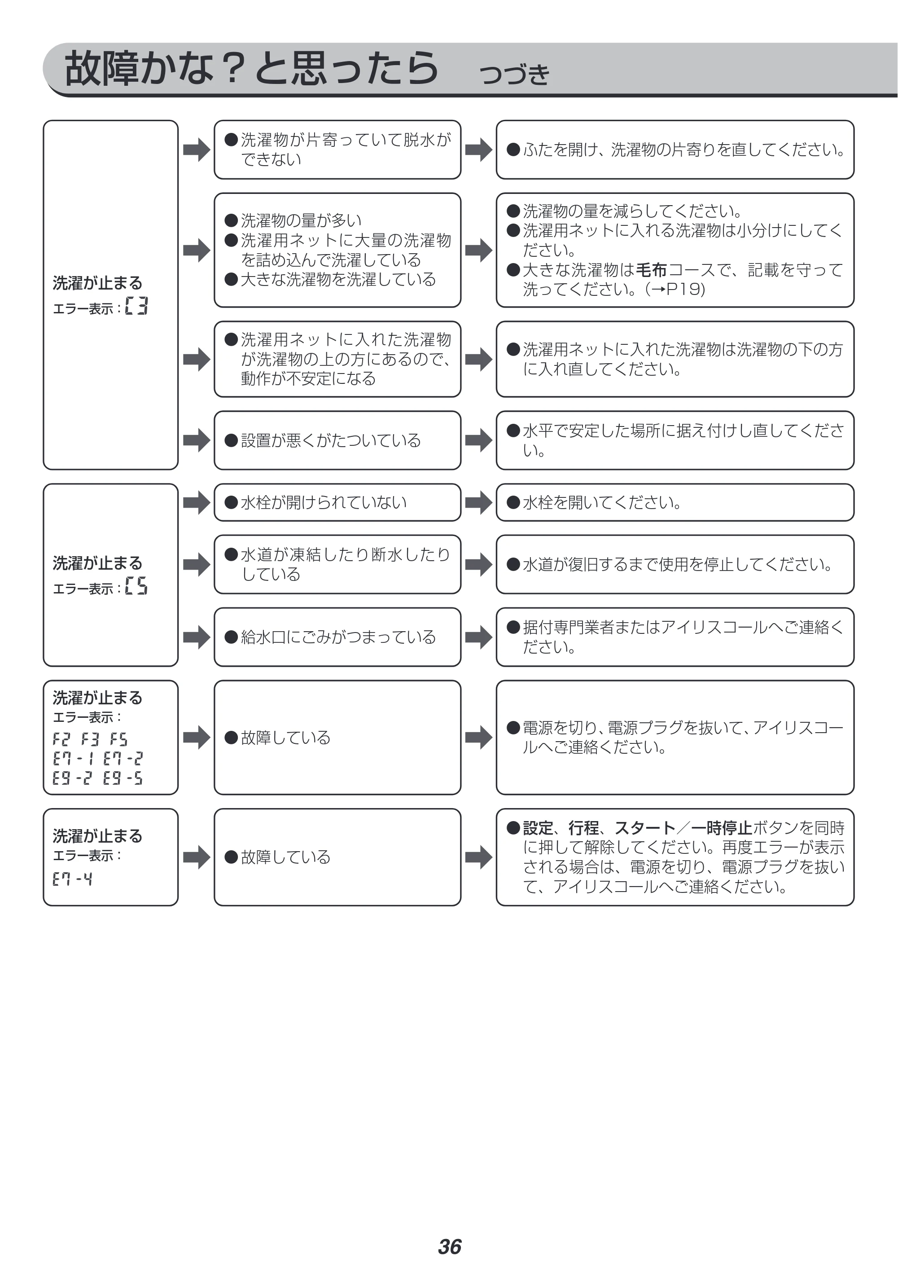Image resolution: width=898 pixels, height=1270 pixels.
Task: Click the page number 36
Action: (450, 1231)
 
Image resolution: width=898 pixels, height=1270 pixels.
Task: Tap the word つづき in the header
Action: (514, 74)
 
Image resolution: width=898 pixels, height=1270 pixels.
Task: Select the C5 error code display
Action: (136, 586)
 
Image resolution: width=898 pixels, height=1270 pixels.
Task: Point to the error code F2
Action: (61, 739)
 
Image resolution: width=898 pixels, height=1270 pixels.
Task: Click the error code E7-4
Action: (72, 879)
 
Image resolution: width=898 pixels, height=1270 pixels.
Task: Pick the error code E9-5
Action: (123, 778)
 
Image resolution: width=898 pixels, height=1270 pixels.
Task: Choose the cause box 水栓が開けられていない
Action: (337, 502)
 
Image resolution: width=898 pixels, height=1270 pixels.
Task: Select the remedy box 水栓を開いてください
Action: (675, 502)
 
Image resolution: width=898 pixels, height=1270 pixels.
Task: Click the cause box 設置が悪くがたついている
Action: (337, 440)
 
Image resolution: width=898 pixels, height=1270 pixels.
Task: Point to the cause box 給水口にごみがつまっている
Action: (337, 637)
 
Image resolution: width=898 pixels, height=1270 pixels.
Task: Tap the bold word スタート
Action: (645, 828)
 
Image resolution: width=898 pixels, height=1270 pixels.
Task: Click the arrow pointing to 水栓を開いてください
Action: (478, 502)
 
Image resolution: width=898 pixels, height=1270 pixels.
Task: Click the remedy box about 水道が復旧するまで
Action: (675, 564)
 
